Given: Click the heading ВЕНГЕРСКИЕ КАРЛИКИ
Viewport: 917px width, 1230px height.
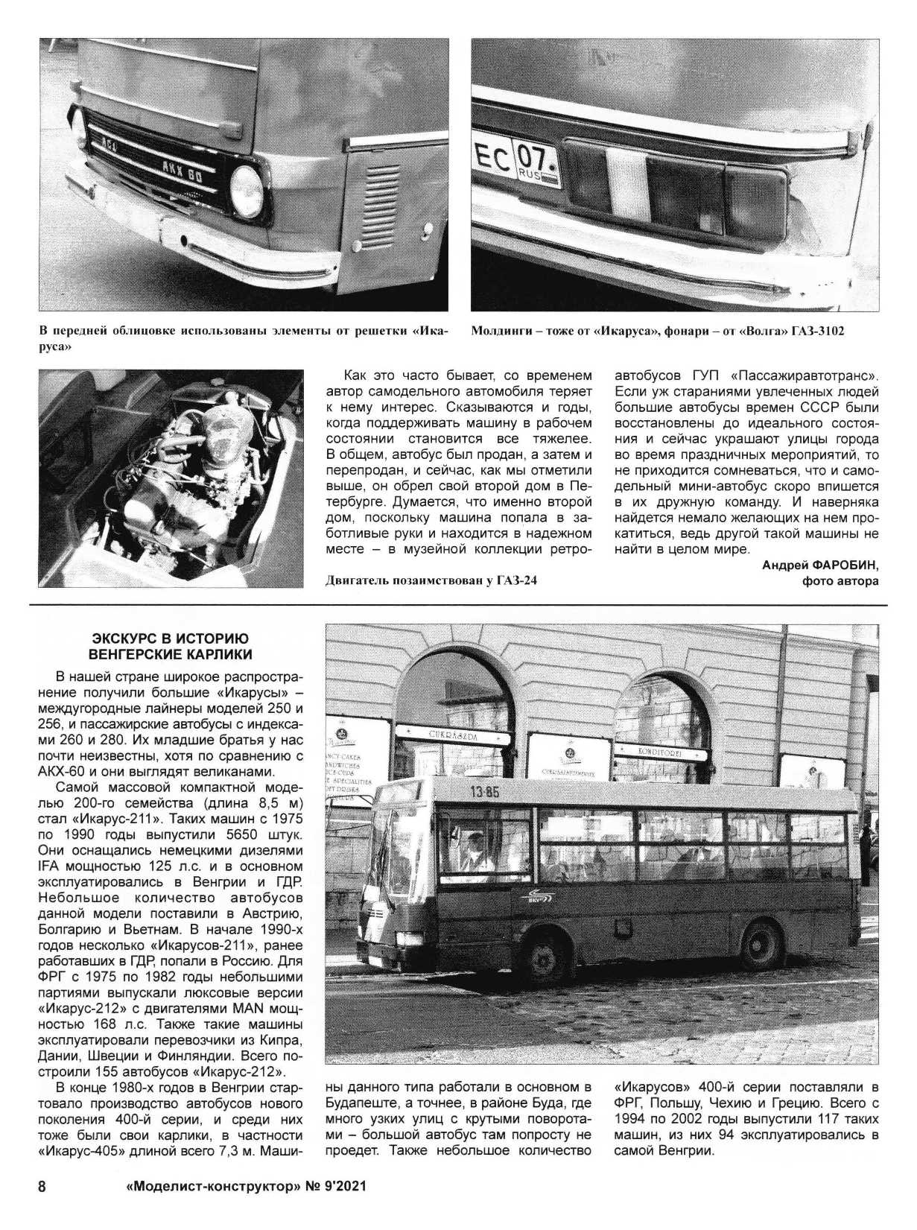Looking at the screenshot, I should click(170, 655).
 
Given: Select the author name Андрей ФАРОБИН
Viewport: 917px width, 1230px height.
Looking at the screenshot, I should click(820, 565).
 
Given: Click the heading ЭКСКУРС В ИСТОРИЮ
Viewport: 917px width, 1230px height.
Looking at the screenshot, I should click(170, 638).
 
